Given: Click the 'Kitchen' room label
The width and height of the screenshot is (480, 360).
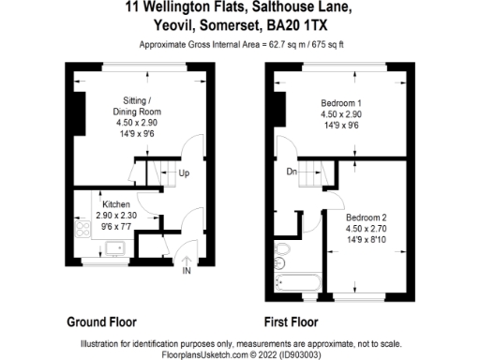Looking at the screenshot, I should pyautogui.click(x=116, y=204).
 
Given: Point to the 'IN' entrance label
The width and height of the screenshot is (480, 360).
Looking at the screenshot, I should pyautogui.click(x=187, y=273).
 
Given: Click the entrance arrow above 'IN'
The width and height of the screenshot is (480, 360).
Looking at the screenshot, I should pyautogui.click(x=187, y=261).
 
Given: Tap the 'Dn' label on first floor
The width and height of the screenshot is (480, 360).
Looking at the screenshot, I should pyautogui.click(x=292, y=171).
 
